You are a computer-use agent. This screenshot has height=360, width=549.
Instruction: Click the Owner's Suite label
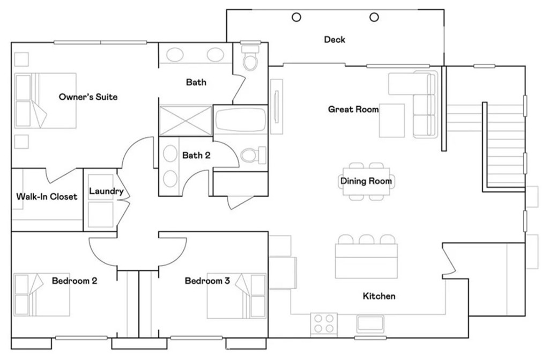coord(88,97)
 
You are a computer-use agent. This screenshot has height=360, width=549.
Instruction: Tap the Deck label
coord(335,40)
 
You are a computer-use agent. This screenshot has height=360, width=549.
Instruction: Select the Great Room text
coord(353,109)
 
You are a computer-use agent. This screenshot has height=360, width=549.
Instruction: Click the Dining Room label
coord(366,181)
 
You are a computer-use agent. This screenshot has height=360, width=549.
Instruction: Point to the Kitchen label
coord(379,296)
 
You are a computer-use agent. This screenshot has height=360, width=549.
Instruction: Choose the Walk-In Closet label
coord(47,196)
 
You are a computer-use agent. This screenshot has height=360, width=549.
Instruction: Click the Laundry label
coord(106,191)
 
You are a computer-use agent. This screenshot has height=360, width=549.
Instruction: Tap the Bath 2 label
coord(196,156)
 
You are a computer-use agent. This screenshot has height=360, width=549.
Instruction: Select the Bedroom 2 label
coord(75,281)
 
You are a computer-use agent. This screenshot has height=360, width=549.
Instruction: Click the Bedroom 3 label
coord(207,281)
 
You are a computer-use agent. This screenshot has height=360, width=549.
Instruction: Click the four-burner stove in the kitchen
coord(324,324)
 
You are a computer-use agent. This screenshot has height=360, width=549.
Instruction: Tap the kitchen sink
coord(370,324)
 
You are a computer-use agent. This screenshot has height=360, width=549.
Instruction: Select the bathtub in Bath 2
coord(240,119)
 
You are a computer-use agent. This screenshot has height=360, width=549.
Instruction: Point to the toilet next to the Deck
coord(250,60)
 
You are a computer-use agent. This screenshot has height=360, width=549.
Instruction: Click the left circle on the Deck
coord(296,17)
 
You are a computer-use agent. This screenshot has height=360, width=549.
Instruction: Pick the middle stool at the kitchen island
coord(367,239)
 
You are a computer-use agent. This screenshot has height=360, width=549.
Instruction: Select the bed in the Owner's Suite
coord(46,100)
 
